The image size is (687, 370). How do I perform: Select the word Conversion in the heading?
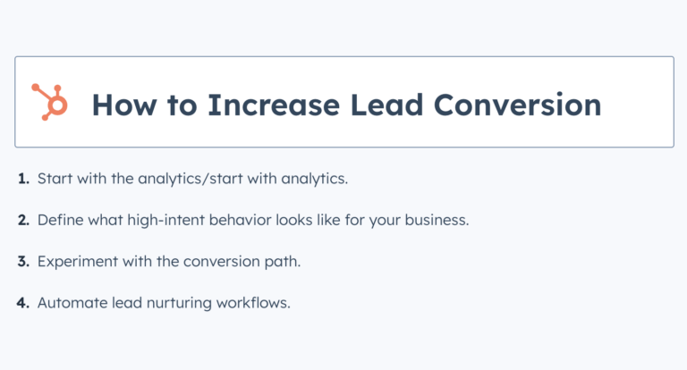pos(518,104)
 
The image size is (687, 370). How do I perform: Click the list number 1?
pos(23,179)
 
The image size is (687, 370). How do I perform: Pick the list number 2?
pos(23,220)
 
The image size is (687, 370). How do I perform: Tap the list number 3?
pos(23,261)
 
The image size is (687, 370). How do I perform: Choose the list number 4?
pos(23,302)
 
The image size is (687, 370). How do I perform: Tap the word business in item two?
pos(437,220)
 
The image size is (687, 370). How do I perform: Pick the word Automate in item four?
pos(68,302)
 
